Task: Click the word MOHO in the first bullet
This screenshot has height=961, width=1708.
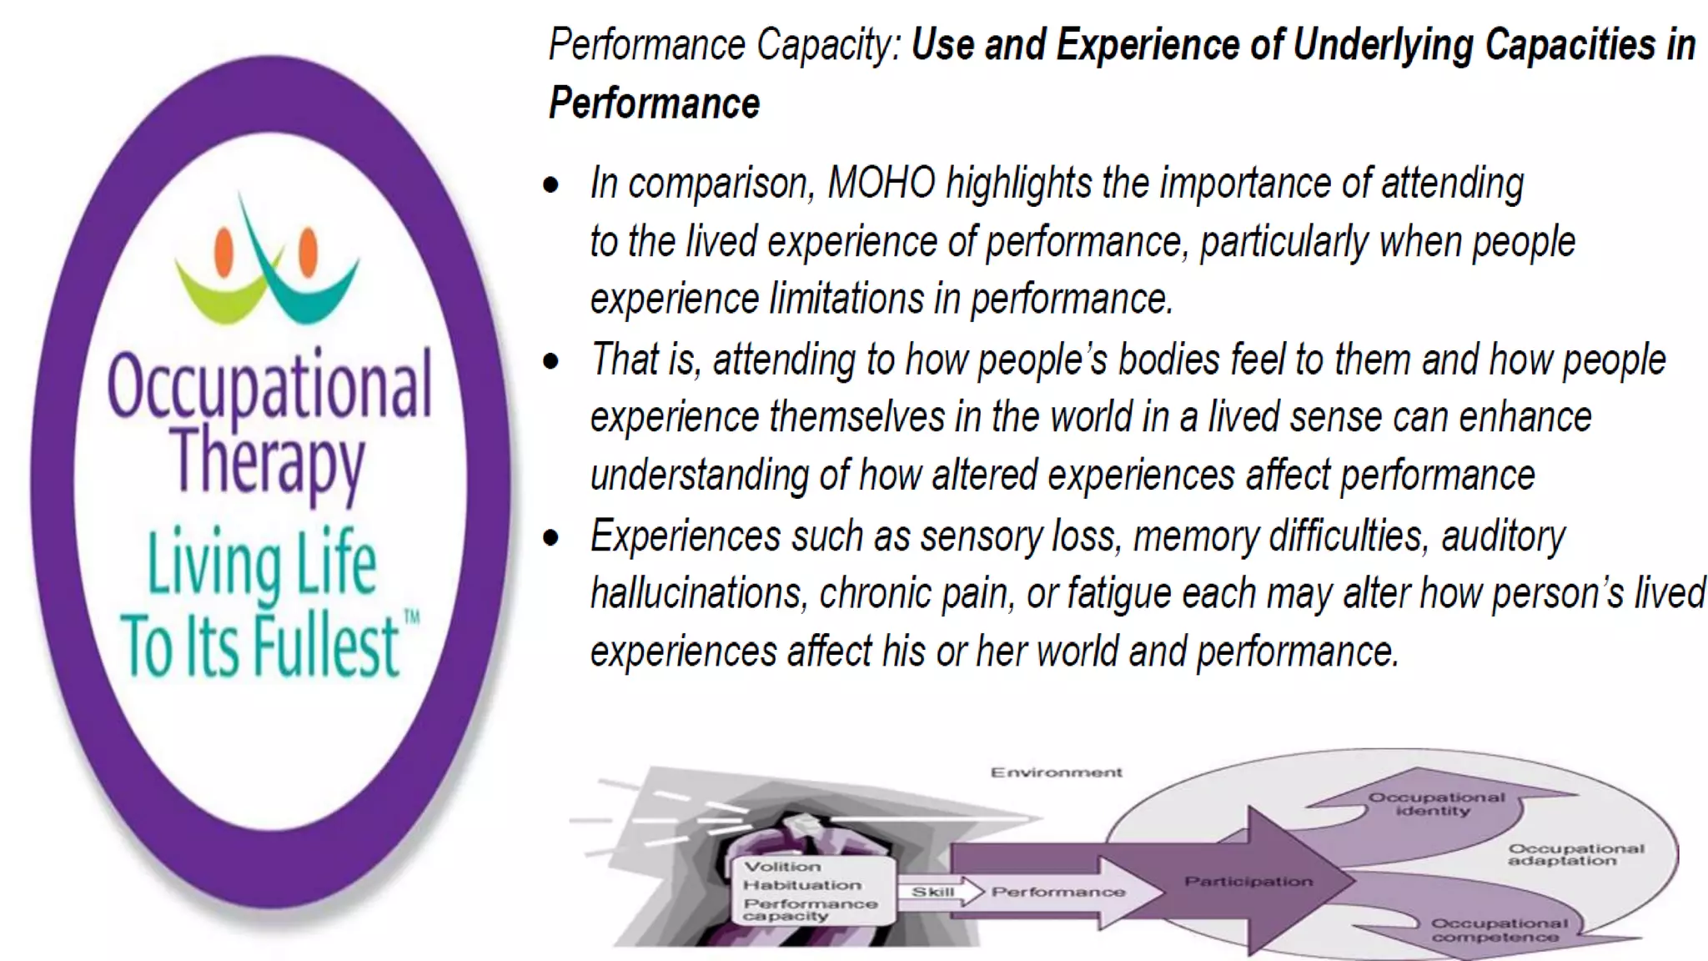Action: point(882,184)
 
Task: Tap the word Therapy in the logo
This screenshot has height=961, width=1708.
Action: point(269,460)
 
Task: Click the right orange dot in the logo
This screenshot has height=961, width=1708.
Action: point(308,249)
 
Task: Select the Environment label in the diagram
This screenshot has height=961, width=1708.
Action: point(1056,772)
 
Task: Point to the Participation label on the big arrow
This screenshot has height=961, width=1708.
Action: point(1248,882)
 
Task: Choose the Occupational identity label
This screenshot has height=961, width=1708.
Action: point(1435,803)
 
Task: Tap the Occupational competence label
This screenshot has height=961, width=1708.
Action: point(1499,930)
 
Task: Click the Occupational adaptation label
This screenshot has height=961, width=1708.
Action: point(1575,854)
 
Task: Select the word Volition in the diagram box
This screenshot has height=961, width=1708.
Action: point(782,867)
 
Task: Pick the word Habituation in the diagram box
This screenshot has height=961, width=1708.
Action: point(802,885)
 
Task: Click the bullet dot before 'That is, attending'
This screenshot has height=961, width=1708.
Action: point(550,361)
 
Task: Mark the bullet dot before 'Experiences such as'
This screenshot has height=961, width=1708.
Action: point(550,538)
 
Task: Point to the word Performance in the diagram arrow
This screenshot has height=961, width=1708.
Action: point(1057,892)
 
